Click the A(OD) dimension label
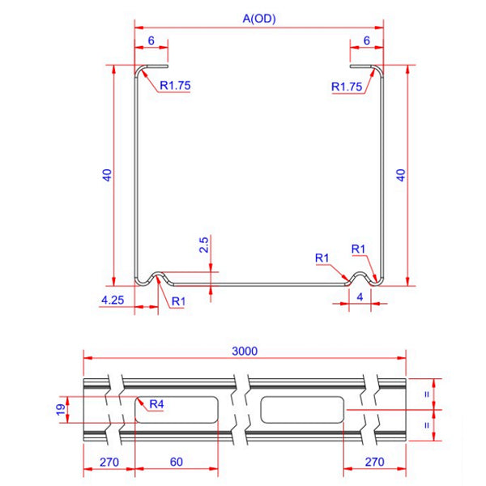(258, 19)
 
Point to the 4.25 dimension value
(112, 300)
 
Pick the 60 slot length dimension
(176, 461)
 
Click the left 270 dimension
(109, 461)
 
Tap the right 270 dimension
(373, 461)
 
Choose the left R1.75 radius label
(175, 85)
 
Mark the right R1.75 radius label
(347, 86)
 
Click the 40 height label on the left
(106, 175)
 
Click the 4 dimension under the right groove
(360, 296)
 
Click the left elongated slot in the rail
(176, 410)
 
